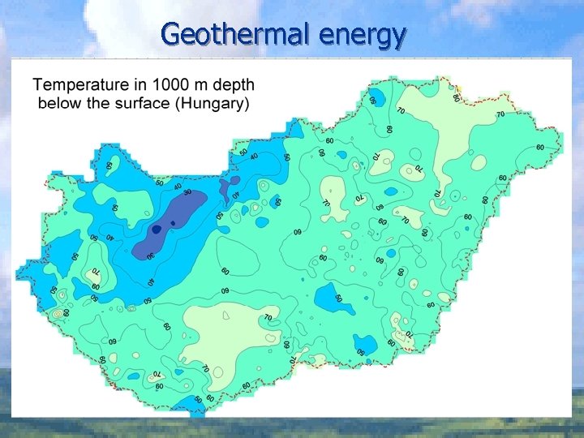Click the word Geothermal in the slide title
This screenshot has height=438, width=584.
coord(236,35)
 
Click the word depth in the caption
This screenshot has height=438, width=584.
coord(234,84)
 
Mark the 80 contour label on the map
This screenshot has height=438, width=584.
coord(457,98)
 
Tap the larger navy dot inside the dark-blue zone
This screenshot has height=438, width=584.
coord(157,230)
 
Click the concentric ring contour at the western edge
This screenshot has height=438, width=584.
coord(56,311)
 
